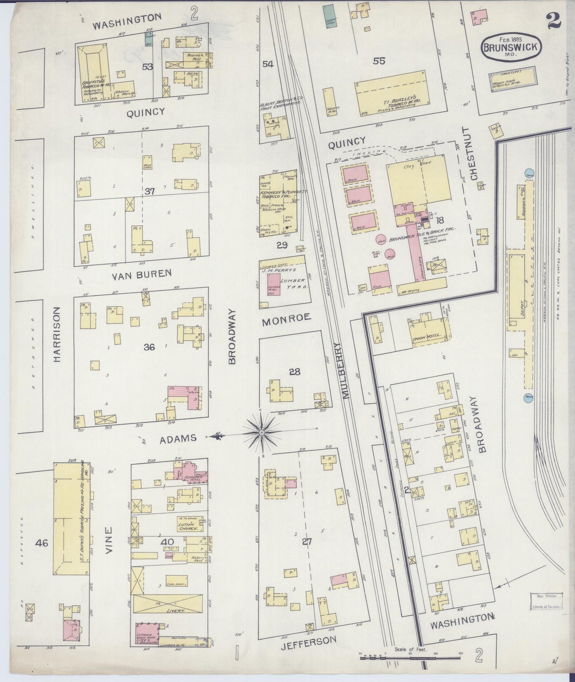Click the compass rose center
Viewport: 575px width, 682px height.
[x=261, y=433]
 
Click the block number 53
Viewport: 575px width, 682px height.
[x=147, y=67]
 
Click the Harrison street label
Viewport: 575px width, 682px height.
[x=57, y=334]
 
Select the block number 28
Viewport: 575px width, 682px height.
[x=294, y=372]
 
